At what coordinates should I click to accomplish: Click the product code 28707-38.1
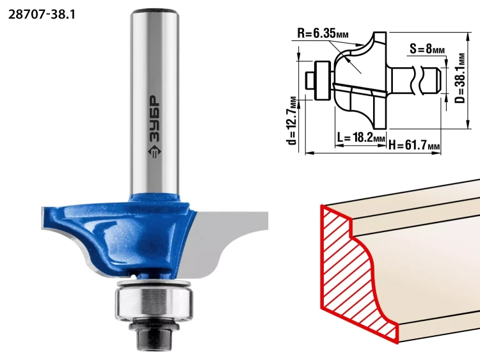[42, 14]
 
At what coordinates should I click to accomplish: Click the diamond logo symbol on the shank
[155, 151]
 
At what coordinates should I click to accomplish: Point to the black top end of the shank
[155, 13]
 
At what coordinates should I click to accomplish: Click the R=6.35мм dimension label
[323, 33]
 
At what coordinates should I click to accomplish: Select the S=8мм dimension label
[428, 49]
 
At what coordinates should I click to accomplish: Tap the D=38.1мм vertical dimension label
[460, 78]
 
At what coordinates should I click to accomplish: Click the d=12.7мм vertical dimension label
[292, 120]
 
